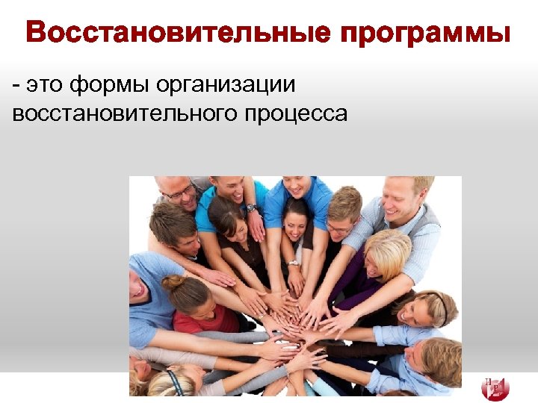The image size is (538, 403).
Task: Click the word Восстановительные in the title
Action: pos(176,34)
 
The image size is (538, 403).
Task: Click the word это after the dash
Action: pos(46,85)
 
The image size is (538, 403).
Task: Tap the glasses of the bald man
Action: pos(180,192)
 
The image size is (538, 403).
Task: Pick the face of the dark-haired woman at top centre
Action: pos(294,220)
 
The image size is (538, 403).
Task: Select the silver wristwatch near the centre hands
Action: pos(294,263)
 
